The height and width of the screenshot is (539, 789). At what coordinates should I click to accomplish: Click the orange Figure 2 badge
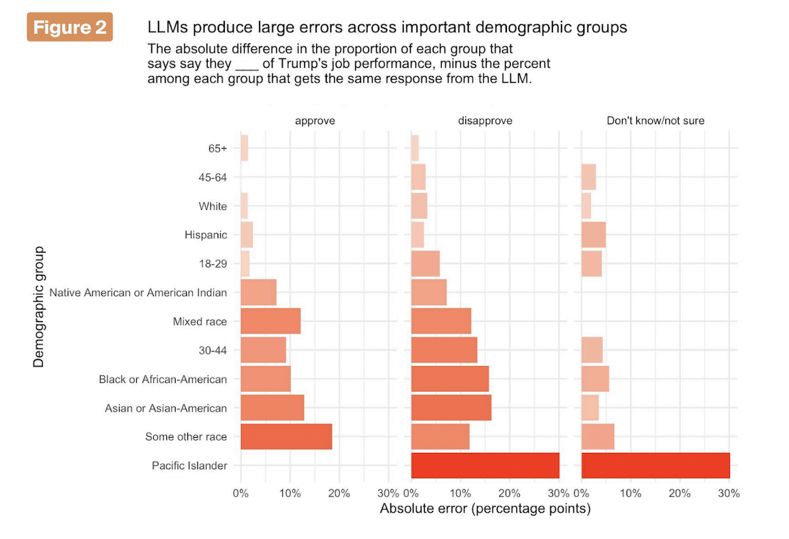tap(70, 28)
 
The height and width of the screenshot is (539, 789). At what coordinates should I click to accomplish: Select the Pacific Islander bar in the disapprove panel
tap(485, 465)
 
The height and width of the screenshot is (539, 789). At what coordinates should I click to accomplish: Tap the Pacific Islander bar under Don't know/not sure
tap(656, 465)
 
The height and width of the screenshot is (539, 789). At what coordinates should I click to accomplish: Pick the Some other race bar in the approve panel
tap(286, 436)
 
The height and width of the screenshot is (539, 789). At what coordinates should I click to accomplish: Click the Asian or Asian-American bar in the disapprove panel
tap(451, 408)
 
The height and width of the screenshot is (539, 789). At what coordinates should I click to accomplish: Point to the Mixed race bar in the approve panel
tap(270, 321)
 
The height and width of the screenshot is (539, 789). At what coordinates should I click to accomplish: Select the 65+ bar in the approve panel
tap(245, 148)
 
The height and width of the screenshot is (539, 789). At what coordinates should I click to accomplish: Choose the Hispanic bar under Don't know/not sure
tap(594, 235)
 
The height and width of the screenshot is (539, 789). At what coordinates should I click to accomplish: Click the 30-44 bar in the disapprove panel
tap(444, 350)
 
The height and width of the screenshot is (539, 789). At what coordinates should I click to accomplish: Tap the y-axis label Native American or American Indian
tap(138, 293)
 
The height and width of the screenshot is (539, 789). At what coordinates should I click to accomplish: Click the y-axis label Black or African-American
tap(162, 379)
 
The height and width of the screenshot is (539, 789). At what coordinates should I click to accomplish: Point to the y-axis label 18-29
tap(213, 264)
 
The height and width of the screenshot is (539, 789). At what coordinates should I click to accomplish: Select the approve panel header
tap(314, 121)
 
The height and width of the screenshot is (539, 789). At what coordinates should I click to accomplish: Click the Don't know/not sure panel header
tap(656, 121)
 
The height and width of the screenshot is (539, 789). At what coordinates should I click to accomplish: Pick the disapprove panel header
tap(485, 121)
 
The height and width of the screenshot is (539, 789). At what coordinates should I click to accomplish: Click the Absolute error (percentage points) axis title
tap(485, 509)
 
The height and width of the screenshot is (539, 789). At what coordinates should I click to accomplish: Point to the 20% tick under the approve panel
tap(339, 494)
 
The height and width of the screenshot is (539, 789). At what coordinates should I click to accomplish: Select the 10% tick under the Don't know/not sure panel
tap(631, 494)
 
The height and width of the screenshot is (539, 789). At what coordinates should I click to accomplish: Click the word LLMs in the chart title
tap(166, 28)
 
